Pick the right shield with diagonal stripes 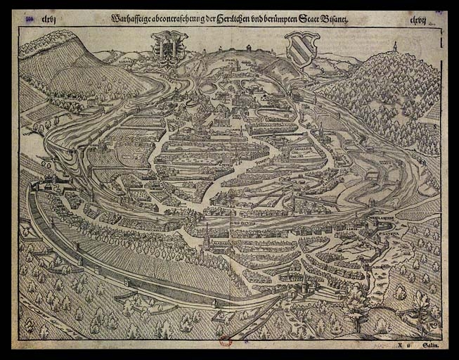(x=302, y=48)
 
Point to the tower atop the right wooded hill (x=394, y=47)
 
